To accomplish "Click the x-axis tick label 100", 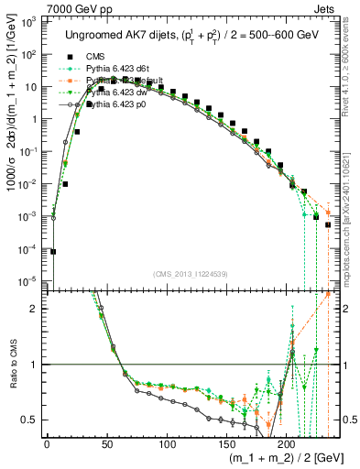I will [166, 444].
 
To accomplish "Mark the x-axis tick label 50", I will [106, 444].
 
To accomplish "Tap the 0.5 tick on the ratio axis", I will [32, 420].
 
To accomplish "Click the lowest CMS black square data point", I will [54, 252].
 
